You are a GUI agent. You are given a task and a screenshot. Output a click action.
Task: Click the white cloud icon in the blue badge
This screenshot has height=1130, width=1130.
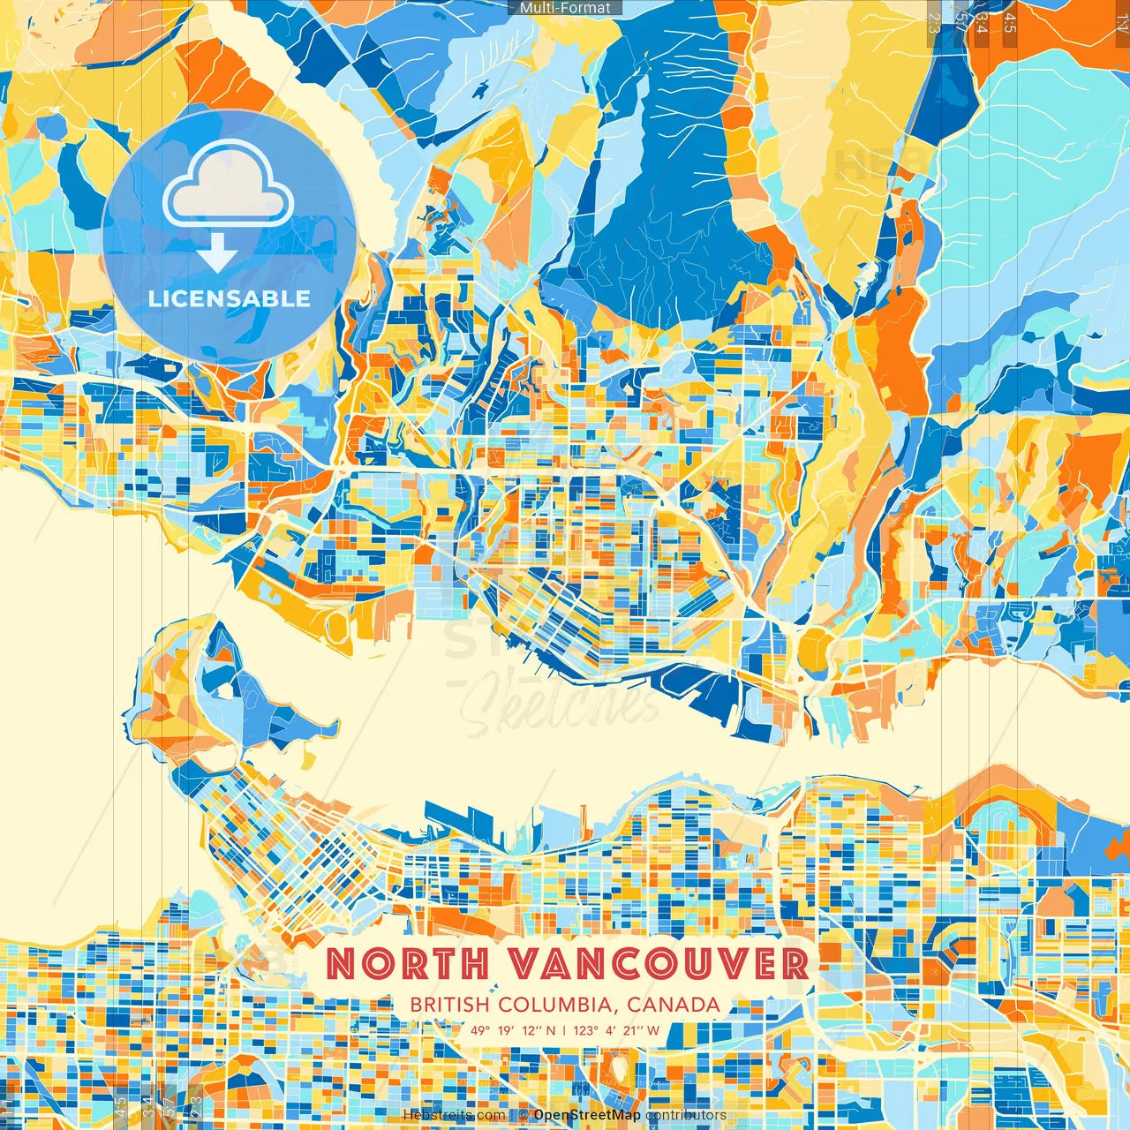tap(229, 187)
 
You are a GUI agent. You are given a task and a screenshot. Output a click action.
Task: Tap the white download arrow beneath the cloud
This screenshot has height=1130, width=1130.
tap(216, 256)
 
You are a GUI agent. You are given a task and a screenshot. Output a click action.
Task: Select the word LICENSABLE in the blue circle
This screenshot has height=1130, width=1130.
tap(230, 298)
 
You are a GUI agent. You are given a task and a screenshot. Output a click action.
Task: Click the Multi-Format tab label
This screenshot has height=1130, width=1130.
tap(565, 8)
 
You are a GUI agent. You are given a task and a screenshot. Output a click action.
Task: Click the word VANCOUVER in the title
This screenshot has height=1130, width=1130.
tap(659, 963)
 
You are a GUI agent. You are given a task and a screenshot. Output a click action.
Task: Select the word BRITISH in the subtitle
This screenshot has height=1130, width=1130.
tap(450, 1005)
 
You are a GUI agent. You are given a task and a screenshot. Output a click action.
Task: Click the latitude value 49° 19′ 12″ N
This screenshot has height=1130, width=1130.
tap(513, 1030)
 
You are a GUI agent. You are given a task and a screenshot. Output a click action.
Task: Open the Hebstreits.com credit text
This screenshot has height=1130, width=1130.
tap(454, 1115)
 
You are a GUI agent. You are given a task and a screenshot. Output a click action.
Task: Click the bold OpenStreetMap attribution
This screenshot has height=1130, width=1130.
tap(587, 1115)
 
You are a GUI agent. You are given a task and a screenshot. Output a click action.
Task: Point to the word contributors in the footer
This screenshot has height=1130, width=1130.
tap(686, 1115)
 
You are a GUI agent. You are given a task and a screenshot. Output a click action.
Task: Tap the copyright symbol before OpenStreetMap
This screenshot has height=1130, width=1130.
tap(524, 1115)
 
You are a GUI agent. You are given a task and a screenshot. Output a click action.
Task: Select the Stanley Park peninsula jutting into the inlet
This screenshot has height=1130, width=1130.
tap(221, 697)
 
